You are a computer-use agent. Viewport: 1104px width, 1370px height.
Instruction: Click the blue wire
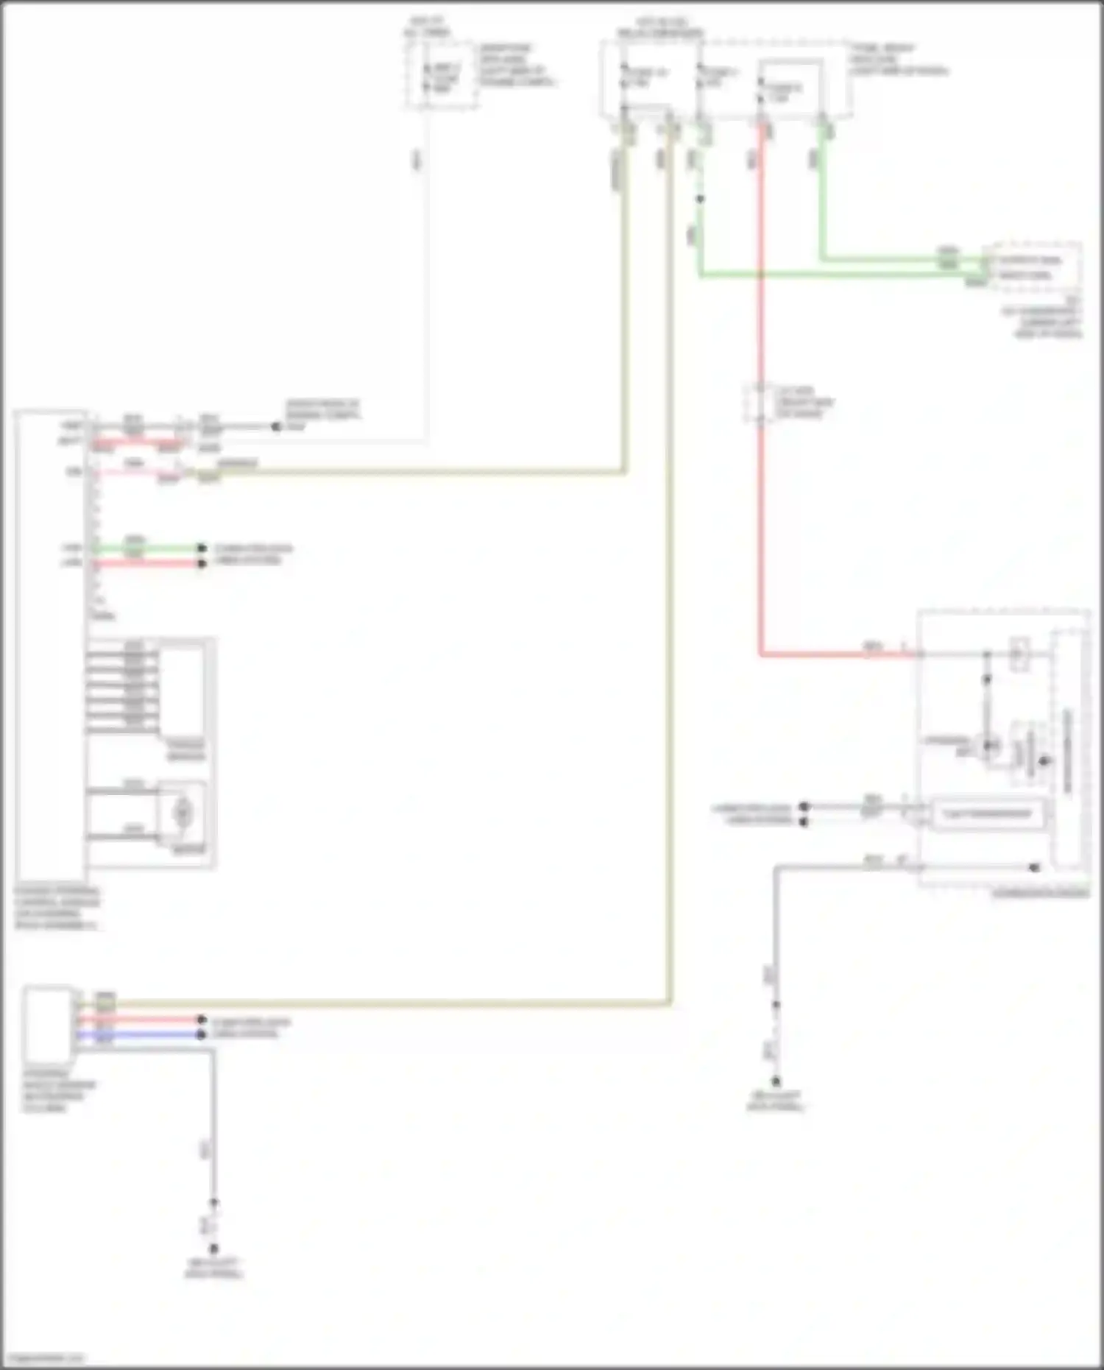[x=140, y=1034]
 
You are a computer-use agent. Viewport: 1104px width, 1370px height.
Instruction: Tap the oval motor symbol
[x=182, y=812]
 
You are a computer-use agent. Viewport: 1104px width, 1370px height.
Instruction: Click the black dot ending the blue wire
[x=201, y=1034]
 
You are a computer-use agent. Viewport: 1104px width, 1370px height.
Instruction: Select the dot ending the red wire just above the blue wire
[x=201, y=1020]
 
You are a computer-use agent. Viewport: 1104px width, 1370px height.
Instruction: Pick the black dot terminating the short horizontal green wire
[x=201, y=548]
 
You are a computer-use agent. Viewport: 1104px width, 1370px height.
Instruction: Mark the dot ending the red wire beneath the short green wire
[x=201, y=564]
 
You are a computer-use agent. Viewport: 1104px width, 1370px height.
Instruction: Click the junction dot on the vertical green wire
[x=700, y=199]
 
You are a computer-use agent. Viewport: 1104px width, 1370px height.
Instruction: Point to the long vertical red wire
[x=760, y=515]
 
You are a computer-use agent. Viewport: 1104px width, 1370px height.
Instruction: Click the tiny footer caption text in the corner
[x=44, y=1357]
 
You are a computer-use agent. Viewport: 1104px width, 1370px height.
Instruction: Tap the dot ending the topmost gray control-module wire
[x=276, y=427]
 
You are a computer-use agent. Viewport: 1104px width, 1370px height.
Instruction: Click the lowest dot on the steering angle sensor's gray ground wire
[x=213, y=1249]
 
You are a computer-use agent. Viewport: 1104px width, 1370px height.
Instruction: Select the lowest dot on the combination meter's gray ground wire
[x=776, y=1081]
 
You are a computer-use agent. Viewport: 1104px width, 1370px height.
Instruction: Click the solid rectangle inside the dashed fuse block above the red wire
[x=790, y=88]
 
